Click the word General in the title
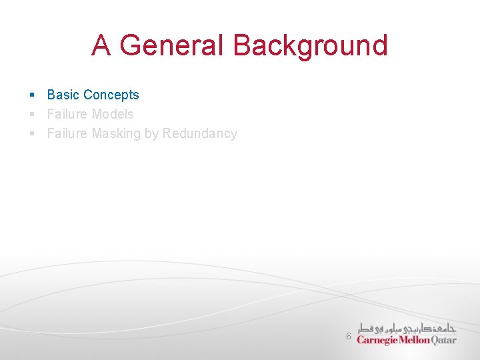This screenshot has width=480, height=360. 173,45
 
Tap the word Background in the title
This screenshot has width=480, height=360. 310,45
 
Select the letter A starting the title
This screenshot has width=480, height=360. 101,45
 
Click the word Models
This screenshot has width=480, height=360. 113,114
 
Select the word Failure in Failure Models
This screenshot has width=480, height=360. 67,114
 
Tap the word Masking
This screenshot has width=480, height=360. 116,133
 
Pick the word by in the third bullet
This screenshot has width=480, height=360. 151,134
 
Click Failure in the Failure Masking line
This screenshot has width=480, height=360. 67,133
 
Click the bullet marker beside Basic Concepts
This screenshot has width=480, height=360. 31,95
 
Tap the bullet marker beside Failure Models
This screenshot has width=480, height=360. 31,115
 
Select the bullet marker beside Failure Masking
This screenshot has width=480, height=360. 31,134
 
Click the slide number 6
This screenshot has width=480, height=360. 348,337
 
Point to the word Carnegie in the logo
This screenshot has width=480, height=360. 377,340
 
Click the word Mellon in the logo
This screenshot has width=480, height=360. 415,340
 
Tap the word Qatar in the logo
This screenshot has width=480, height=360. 444,340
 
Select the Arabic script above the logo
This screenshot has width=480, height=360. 407,328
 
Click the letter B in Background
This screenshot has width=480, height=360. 241,45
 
